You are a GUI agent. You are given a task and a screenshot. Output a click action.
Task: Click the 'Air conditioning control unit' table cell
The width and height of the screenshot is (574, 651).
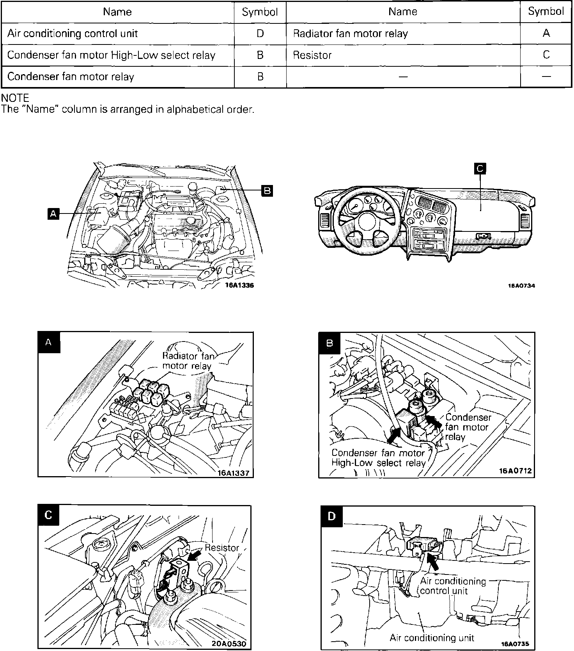point(73,34)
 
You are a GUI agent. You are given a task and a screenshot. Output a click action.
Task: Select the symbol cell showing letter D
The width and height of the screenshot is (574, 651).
point(260,34)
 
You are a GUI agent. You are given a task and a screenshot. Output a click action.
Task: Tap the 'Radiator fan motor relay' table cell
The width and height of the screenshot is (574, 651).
point(350,34)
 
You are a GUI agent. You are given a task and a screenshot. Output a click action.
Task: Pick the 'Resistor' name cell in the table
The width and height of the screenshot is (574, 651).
point(312,55)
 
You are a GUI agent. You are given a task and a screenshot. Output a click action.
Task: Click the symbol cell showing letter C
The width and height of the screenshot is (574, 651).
point(546,55)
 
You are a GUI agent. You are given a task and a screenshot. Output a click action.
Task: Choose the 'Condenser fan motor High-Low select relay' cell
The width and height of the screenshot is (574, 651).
point(111,55)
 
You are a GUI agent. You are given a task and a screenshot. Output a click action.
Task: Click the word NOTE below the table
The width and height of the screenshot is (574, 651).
point(15,98)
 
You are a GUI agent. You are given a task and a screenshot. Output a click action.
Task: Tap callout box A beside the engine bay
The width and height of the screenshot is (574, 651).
point(53,213)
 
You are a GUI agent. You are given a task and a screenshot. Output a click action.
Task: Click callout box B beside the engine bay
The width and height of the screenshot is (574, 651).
point(267,191)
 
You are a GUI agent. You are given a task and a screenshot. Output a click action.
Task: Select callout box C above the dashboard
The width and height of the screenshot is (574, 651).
point(480,169)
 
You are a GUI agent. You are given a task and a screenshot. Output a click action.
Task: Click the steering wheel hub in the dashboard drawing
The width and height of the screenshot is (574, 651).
point(366,222)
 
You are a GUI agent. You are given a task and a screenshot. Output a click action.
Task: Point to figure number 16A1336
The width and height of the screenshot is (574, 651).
point(239,285)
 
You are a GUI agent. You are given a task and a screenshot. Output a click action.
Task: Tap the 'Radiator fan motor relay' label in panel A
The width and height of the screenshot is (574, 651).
point(187,361)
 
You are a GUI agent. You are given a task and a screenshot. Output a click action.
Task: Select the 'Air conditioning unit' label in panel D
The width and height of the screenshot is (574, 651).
point(432,638)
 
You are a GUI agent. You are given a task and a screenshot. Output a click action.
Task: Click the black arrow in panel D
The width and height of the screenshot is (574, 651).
point(434,559)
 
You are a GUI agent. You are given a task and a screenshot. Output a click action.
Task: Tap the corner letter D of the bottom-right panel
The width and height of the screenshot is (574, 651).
point(331,516)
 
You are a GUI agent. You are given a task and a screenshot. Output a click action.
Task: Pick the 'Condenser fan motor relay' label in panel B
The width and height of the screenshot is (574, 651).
point(467,427)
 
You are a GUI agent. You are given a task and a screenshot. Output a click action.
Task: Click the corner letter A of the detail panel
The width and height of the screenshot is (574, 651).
point(49,343)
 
